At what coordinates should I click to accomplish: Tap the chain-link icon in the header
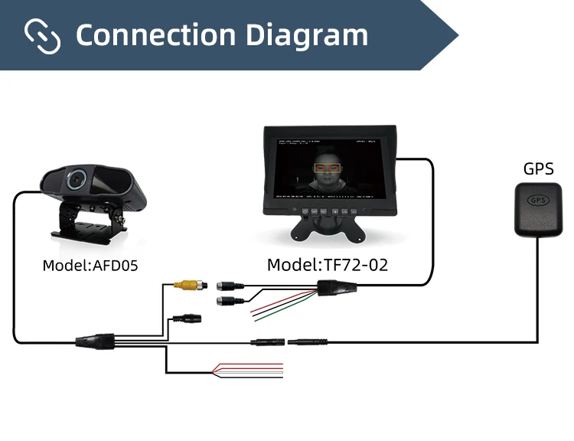[42, 35]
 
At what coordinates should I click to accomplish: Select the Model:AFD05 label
[90, 266]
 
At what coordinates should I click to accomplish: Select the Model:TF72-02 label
[328, 265]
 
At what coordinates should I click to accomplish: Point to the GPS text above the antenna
[538, 168]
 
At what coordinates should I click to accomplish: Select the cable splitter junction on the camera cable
[96, 340]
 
